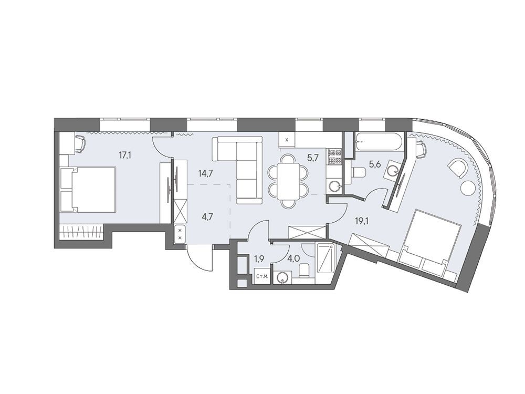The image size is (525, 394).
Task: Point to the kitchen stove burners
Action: (334, 157)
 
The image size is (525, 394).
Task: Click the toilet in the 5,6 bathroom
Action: (356, 172)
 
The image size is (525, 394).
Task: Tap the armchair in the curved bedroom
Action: (457, 168)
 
